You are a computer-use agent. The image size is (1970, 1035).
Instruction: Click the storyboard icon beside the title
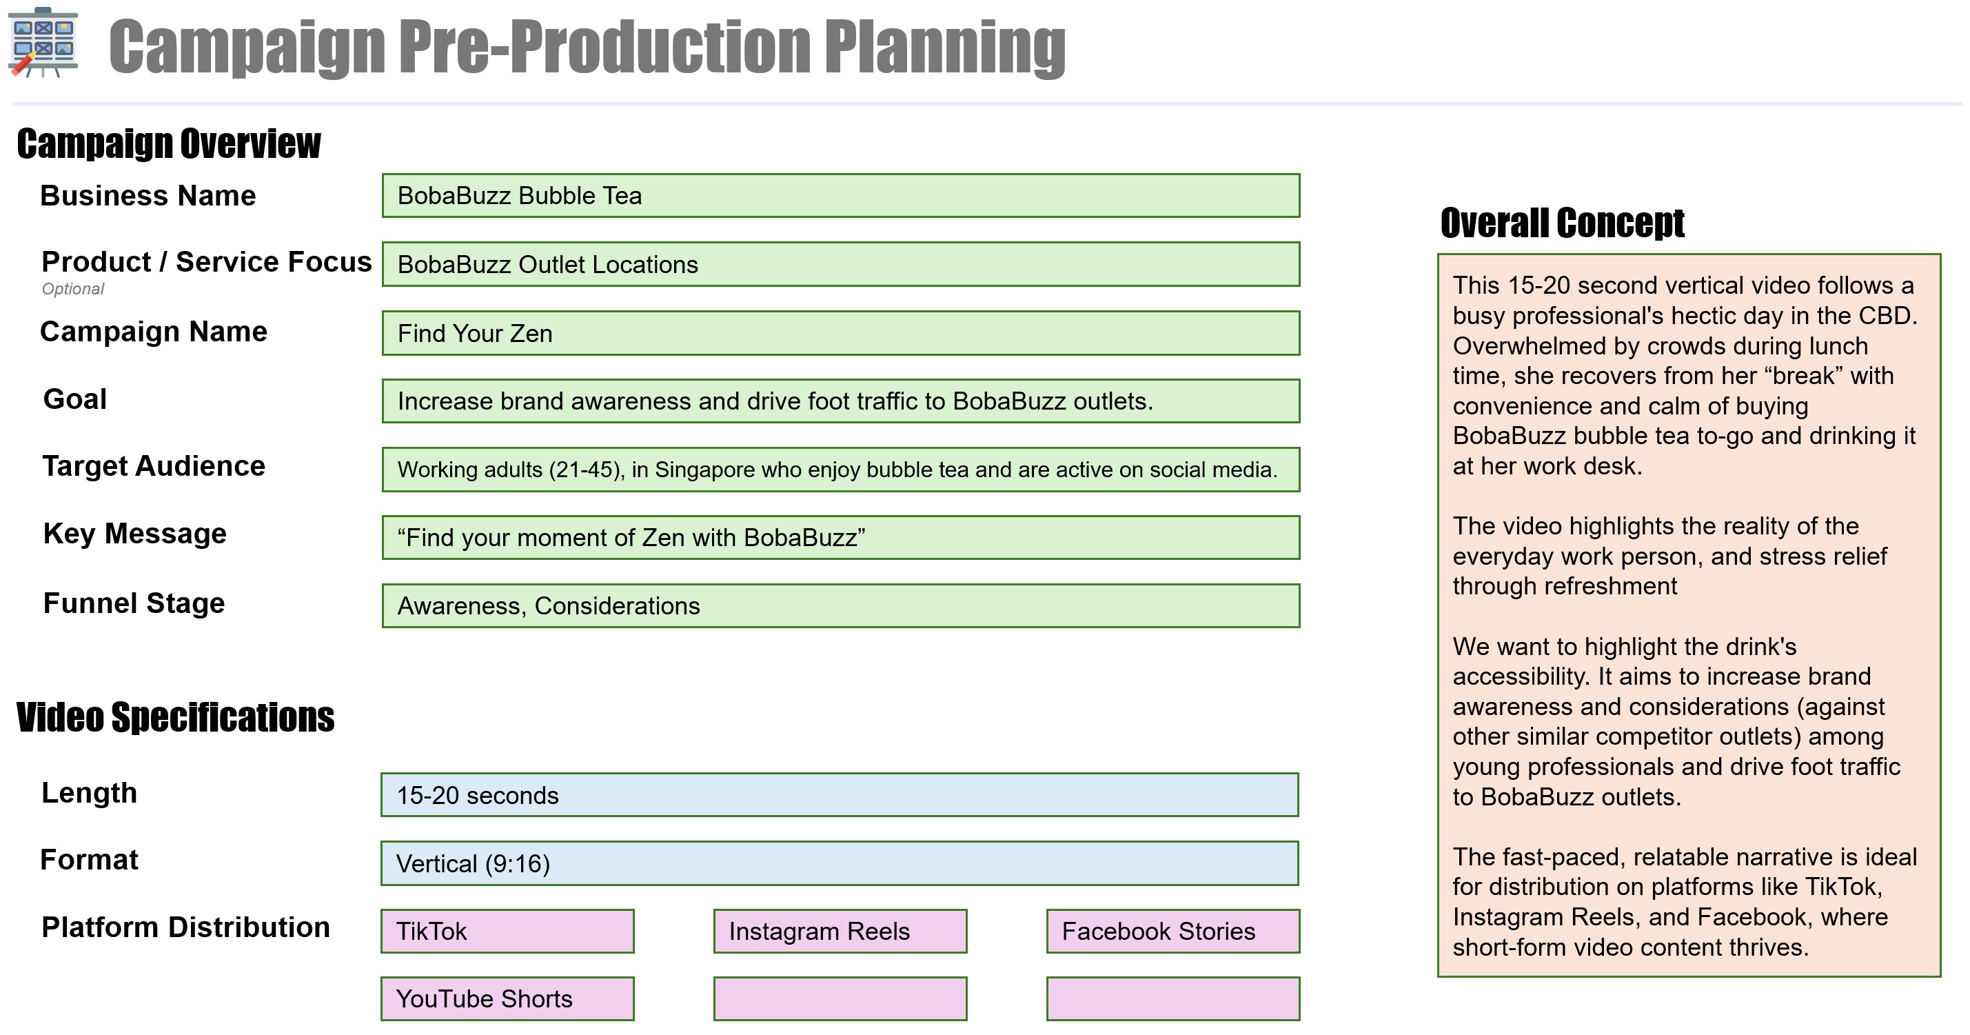(x=43, y=43)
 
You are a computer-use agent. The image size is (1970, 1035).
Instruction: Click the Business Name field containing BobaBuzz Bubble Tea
(x=840, y=196)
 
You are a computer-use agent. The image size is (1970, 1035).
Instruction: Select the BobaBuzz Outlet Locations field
(x=840, y=264)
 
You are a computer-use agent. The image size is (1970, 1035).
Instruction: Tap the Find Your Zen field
(x=840, y=333)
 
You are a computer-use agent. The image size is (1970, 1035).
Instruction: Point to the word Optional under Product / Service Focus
(x=72, y=289)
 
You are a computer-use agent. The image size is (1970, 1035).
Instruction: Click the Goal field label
(x=75, y=399)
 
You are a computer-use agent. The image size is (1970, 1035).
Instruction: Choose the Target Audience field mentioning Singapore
(x=840, y=470)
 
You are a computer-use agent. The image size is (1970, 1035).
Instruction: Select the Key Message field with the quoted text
(x=840, y=538)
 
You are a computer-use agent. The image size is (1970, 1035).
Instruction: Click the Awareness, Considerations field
(x=840, y=606)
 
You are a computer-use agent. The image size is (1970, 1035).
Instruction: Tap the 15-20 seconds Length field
(x=840, y=795)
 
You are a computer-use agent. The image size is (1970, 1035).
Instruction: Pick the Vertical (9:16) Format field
(x=840, y=863)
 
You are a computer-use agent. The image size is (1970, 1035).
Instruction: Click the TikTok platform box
(x=508, y=931)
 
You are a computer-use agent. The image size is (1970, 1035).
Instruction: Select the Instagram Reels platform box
(x=840, y=931)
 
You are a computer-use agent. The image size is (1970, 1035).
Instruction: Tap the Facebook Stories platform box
(x=1173, y=931)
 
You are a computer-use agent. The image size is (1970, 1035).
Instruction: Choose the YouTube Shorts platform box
(x=508, y=998)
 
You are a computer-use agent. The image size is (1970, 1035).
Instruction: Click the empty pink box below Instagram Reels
(x=840, y=998)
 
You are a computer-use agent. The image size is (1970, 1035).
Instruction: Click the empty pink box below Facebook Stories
(x=1173, y=998)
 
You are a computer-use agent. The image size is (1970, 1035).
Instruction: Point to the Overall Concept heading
(x=1563, y=223)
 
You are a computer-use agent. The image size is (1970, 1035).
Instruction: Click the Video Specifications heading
(x=175, y=718)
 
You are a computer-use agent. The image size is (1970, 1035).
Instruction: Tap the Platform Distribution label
(x=186, y=927)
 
